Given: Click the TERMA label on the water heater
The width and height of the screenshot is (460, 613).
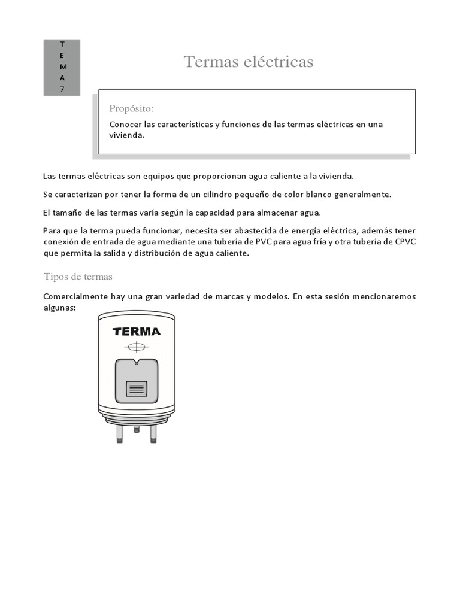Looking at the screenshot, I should click(136, 332).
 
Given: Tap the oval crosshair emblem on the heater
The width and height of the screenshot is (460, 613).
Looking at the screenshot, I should click(137, 347).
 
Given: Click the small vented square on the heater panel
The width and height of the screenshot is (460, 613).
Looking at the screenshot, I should click(137, 389).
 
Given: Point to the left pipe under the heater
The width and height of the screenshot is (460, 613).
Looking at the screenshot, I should click(120, 433).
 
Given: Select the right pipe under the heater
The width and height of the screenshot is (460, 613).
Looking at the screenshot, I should click(153, 433).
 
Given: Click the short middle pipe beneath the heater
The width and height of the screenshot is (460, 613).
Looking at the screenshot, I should click(137, 429).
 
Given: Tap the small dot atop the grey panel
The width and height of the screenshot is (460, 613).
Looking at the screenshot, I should click(137, 363).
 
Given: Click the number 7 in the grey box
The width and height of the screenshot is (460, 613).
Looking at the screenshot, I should click(62, 89).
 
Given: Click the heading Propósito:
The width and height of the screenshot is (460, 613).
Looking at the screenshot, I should click(131, 108).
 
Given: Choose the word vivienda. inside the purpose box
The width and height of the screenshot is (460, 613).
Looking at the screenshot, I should click(127, 135).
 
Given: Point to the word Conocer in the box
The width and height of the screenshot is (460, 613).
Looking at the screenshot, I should click(125, 125).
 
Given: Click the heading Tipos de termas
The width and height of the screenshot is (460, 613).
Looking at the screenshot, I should click(78, 277).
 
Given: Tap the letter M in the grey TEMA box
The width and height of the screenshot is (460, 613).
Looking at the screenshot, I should click(62, 66).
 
